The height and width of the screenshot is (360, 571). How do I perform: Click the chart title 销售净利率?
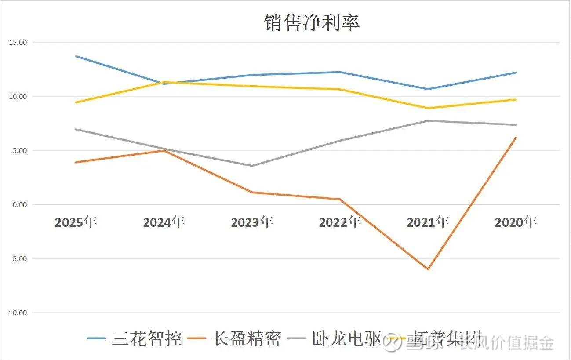point(311,22)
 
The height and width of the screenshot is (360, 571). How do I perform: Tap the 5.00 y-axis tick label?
point(19,150)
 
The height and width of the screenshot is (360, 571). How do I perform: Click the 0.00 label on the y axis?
point(19,204)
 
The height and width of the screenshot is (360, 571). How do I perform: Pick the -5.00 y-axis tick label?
point(18,258)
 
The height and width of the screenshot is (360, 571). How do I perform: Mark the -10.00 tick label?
point(17,313)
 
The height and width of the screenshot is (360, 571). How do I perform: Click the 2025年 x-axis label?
point(76,222)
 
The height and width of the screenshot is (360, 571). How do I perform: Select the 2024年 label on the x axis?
point(164,222)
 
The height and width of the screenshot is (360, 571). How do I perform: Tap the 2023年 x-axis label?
point(252,222)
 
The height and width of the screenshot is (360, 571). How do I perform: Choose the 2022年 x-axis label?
point(340,222)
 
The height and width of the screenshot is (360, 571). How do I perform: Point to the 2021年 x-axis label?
point(428,222)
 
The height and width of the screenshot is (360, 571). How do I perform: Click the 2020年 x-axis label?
point(516,222)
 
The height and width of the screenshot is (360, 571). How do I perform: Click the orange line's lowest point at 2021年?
point(428,269)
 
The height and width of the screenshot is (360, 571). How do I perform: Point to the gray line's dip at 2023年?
point(252,166)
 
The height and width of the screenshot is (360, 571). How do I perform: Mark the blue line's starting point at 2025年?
point(76,56)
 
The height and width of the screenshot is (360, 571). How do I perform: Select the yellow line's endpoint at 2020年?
point(516,99)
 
